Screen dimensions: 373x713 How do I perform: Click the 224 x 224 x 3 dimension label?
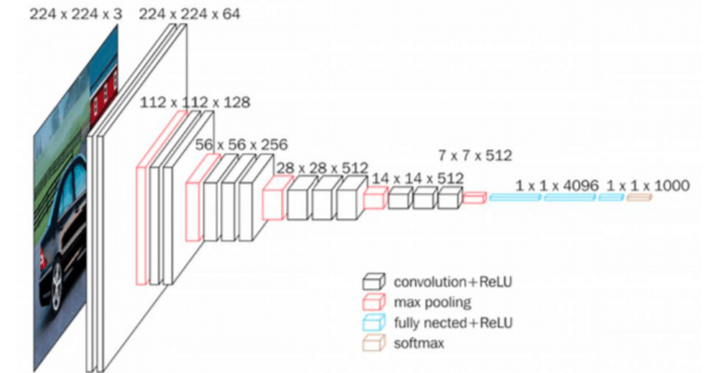(76, 14)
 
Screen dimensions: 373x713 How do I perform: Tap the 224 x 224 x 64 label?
(189, 14)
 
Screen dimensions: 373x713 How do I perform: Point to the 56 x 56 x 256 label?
(241, 145)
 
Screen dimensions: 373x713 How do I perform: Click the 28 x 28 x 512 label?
(321, 168)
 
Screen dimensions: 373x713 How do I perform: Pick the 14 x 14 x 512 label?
(418, 178)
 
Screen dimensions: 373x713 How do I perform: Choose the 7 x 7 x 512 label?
(475, 155)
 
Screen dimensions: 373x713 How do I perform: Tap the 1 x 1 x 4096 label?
(557, 185)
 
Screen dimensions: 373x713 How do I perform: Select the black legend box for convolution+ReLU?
(374, 282)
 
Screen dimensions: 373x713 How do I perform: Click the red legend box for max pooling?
(374, 303)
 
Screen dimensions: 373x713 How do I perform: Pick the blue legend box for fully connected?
(374, 323)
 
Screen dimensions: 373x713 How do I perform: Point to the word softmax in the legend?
(419, 343)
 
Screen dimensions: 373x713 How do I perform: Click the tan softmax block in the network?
(639, 197)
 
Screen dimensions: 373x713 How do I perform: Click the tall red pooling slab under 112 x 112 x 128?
(142, 223)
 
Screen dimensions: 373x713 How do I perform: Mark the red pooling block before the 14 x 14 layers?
(375, 198)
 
